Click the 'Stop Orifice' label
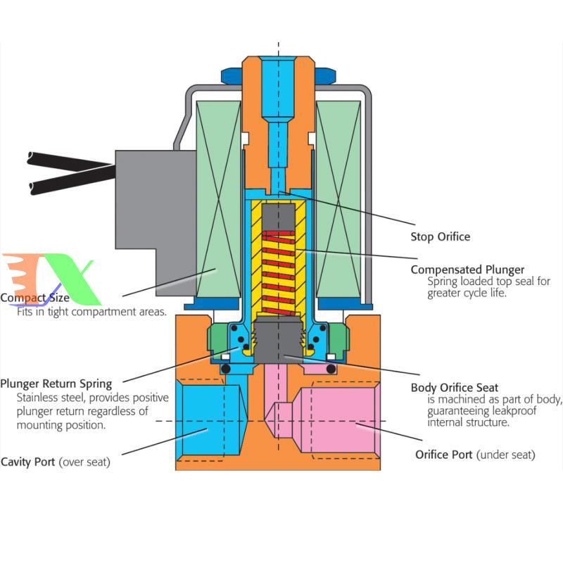point(440,236)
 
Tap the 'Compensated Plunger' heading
point(467,270)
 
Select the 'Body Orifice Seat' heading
point(454,388)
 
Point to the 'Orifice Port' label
point(444,455)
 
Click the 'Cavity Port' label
point(28,462)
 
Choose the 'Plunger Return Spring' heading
point(56,384)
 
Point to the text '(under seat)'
point(506,455)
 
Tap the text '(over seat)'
point(85,462)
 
